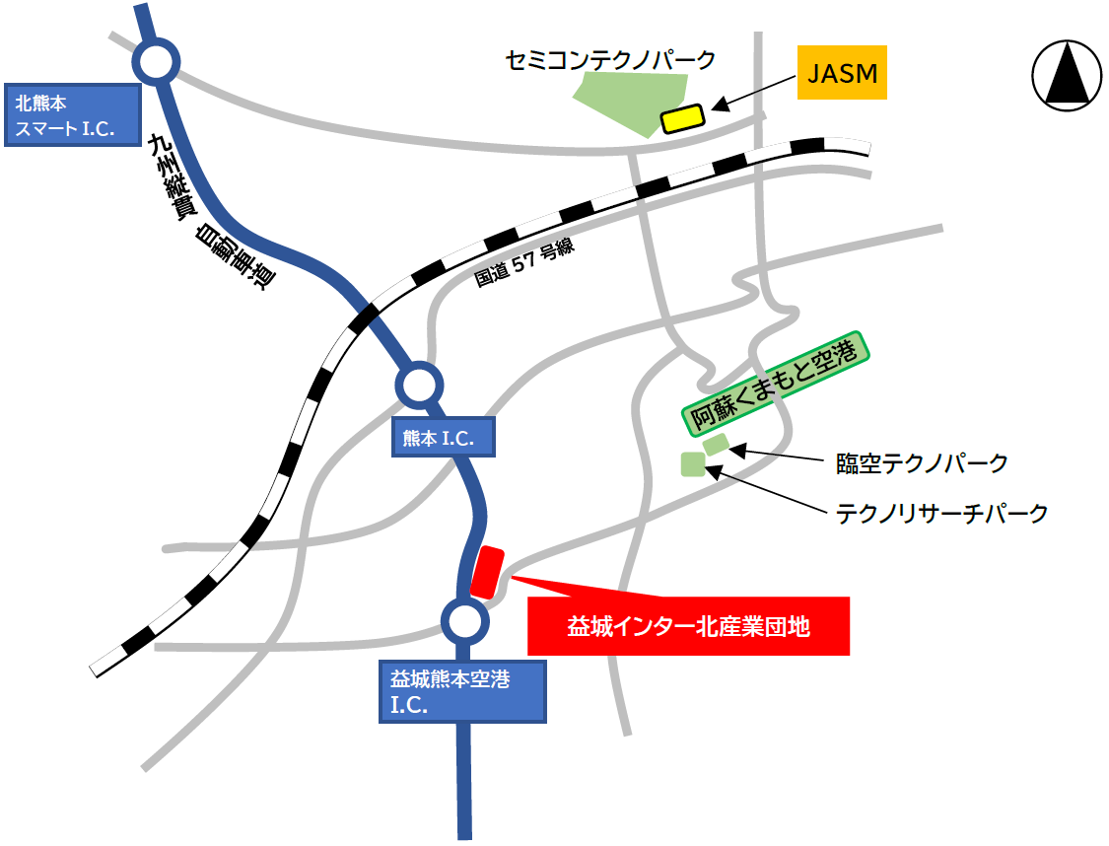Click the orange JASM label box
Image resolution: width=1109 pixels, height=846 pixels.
842,72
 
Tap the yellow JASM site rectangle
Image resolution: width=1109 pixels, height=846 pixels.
681,118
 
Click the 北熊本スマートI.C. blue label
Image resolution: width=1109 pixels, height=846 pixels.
71,114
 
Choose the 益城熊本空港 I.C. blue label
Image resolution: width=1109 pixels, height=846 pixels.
462,691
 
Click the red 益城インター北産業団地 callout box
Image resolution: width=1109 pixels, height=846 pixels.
688,626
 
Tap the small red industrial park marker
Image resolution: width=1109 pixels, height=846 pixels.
487,572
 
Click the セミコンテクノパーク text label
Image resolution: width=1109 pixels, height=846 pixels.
609,60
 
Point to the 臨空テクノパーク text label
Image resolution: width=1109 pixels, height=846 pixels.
922,462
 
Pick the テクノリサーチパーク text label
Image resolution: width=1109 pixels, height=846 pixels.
941,513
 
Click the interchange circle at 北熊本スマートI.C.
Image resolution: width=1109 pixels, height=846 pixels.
157,63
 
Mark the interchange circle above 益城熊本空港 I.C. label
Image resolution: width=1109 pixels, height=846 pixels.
464,620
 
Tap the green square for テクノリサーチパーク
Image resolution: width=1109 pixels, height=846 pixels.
694,463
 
